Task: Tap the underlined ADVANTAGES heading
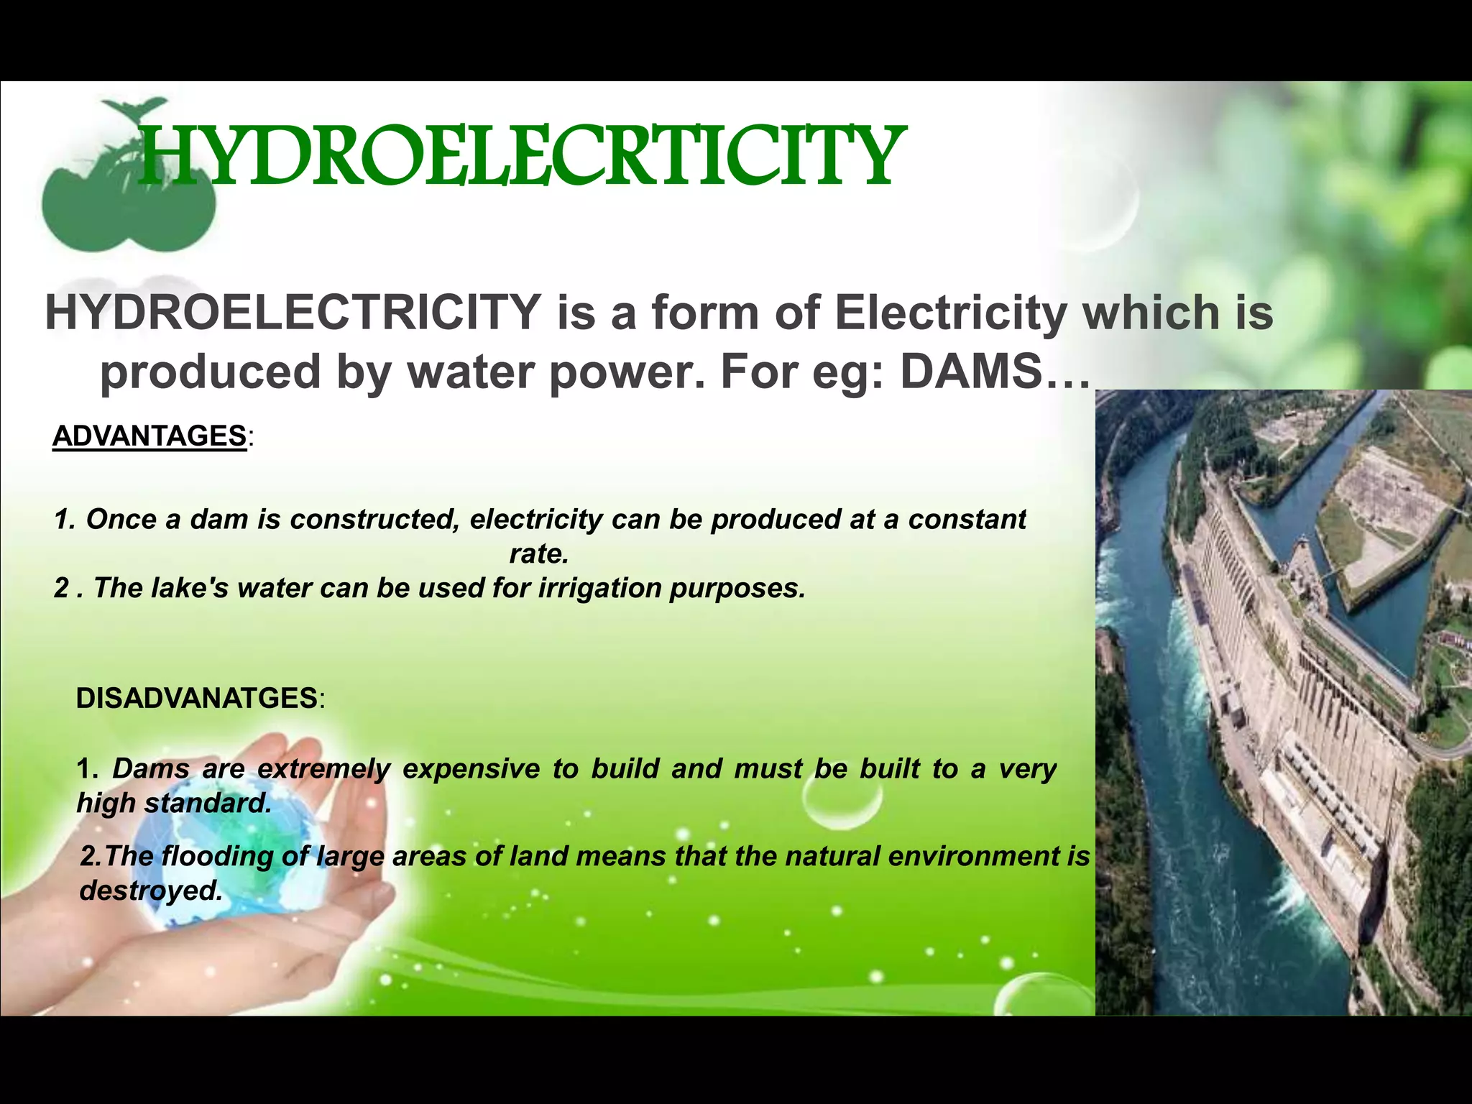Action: (x=149, y=436)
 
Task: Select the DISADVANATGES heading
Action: (x=197, y=698)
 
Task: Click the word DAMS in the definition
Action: (x=970, y=372)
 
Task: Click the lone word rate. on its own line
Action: (x=538, y=553)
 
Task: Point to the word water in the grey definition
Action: (x=458, y=372)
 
